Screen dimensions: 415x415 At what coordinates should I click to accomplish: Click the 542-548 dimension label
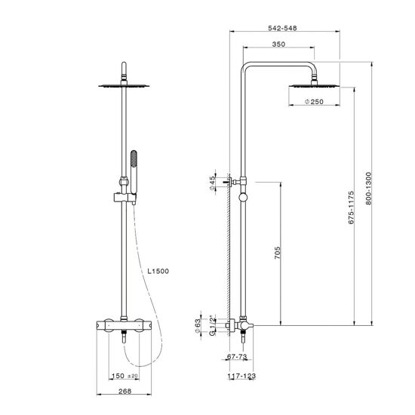pos(282,28)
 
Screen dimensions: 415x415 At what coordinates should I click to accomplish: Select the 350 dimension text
pos(278,45)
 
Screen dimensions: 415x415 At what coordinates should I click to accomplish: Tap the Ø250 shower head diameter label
pos(314,102)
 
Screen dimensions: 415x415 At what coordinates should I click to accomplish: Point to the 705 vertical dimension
pos(277,253)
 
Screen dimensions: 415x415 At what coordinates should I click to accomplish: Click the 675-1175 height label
pos(351,207)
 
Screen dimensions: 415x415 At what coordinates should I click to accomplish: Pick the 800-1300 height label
pos(369,189)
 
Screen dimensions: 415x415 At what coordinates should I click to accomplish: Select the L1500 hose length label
pos(158,271)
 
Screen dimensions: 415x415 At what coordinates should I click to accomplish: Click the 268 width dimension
pos(125,391)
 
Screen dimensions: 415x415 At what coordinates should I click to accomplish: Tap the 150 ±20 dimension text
pos(124,376)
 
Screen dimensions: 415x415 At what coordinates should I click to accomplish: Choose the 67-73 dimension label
pos(237,356)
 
